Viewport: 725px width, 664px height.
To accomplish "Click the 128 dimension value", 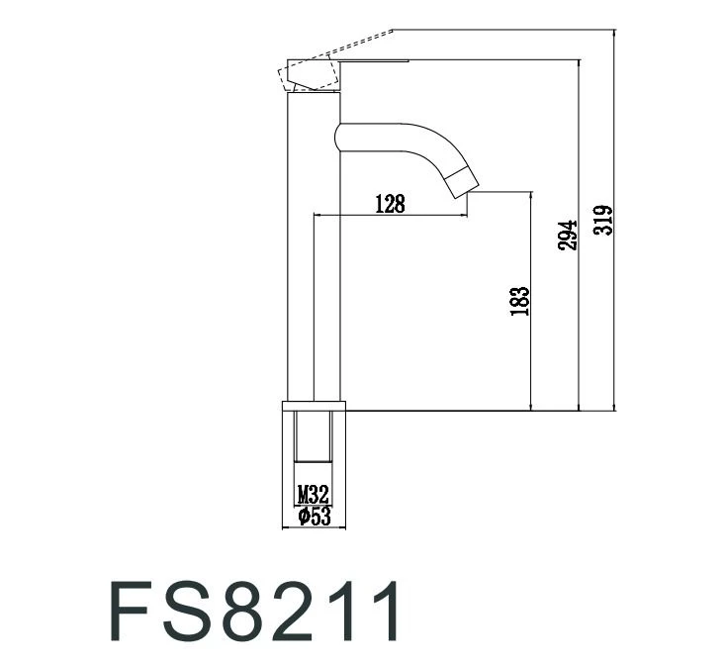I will tap(390, 204).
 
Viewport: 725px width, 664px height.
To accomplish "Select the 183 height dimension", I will tap(520, 301).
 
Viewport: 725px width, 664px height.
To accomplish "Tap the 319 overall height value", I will tap(603, 220).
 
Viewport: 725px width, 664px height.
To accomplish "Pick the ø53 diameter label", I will tap(313, 516).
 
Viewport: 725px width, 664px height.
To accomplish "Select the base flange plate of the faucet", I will tap(316, 406).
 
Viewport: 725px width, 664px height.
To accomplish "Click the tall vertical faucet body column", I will tap(302, 247).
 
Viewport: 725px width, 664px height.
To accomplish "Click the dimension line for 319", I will tap(616, 297).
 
